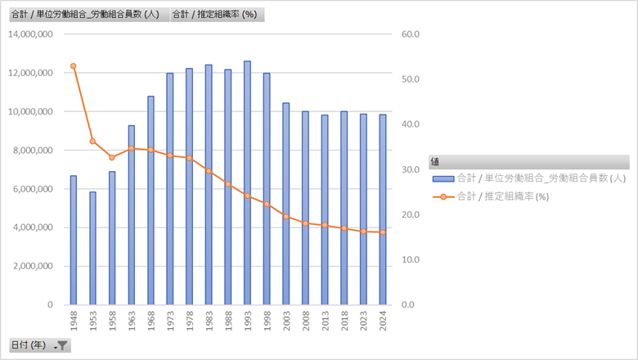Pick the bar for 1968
[151, 200]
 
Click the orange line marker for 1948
[74, 65]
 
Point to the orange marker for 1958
[112, 157]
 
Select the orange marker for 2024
[383, 232]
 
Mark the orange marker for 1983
[209, 171]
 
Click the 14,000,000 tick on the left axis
[29, 34]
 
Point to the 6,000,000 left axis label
[32, 189]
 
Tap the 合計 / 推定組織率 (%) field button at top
[215, 15]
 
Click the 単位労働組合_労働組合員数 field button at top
[88, 15]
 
